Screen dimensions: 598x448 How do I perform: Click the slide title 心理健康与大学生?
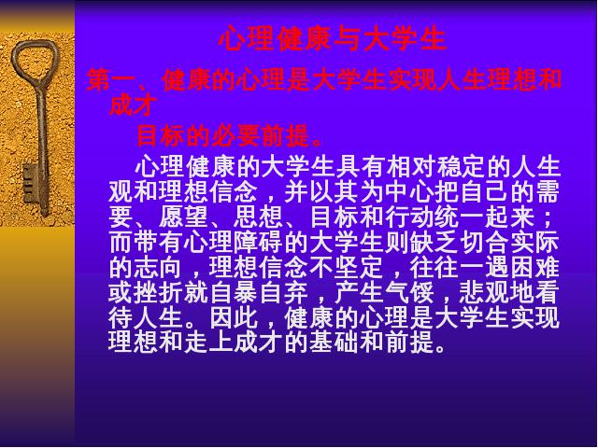333,39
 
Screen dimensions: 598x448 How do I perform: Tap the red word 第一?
111,80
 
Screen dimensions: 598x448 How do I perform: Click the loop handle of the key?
36,61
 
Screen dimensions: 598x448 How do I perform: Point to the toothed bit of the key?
31,184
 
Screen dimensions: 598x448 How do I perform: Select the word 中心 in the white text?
410,192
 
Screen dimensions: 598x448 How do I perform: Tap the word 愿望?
183,217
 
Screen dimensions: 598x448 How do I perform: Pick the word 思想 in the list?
259,217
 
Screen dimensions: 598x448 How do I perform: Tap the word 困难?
535,268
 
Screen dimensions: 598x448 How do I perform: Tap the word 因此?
234,317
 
